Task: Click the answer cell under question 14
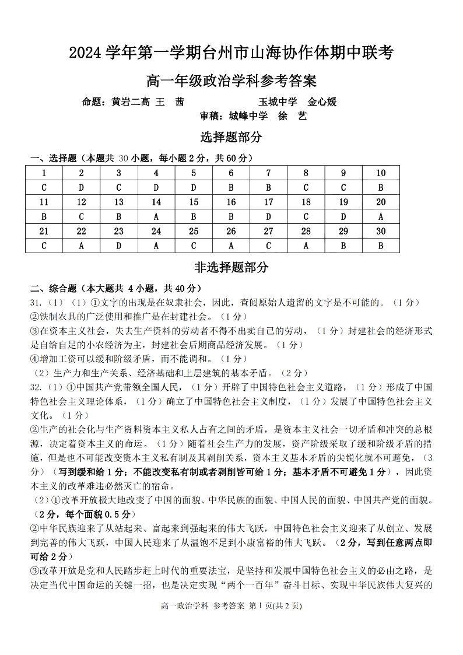click(156, 216)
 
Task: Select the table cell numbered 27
click(268, 231)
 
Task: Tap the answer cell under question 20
click(381, 216)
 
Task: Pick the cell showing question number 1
click(44, 173)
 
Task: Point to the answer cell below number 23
click(119, 246)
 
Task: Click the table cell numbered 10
click(381, 173)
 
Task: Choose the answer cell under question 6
click(231, 187)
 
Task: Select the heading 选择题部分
click(231, 138)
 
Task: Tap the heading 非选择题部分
click(231, 267)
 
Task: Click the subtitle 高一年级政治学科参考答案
click(231, 80)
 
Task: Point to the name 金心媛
click(322, 102)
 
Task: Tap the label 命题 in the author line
click(94, 102)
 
